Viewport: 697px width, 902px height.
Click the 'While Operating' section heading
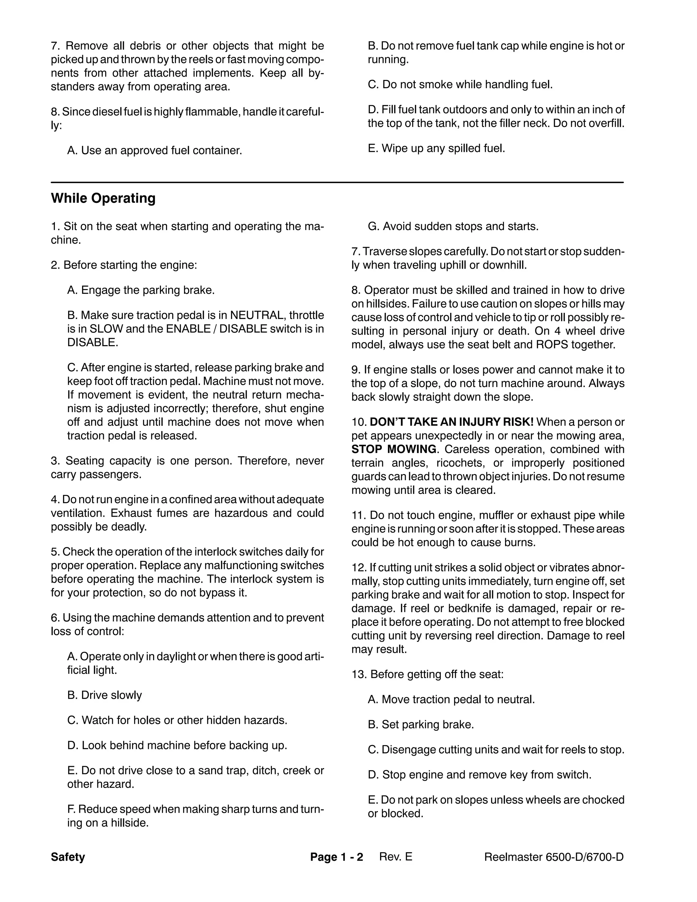click(103, 198)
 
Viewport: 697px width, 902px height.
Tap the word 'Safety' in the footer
click(68, 857)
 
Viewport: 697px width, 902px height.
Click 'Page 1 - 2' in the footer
click(337, 857)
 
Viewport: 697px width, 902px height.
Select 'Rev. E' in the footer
click(395, 857)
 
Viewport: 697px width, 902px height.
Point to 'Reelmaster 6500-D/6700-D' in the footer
click(554, 857)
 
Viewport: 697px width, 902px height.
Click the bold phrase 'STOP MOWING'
click(394, 449)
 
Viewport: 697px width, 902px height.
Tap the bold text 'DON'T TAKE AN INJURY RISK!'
click(452, 422)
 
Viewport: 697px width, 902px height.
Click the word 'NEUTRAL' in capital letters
click(256, 316)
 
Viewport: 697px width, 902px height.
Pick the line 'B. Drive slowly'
click(104, 695)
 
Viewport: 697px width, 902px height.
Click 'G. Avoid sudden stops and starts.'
click(453, 226)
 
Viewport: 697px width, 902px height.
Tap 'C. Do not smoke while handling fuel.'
click(460, 85)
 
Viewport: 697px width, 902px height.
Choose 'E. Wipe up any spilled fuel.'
click(436, 148)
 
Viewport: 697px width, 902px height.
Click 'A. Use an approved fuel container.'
click(155, 150)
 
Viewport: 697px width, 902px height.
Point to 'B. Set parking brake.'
click(421, 724)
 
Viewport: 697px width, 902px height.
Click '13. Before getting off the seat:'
click(427, 674)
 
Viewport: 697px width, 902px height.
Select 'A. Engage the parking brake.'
click(141, 290)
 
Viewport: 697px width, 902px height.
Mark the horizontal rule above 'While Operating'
click(337, 182)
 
